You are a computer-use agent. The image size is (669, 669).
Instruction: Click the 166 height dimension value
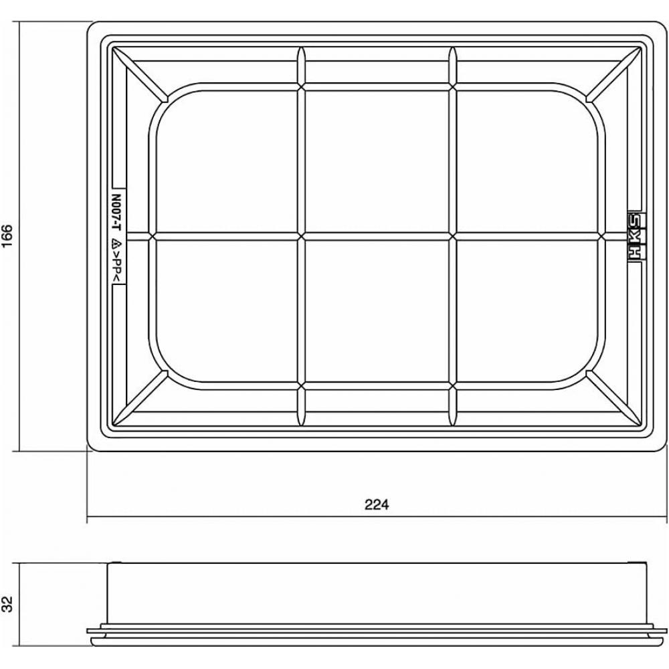point(7,235)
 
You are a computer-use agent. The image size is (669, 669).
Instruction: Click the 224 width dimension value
point(377,504)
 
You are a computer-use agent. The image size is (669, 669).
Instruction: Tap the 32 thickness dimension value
point(7,603)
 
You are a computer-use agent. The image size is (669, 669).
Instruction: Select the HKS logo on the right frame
point(636,236)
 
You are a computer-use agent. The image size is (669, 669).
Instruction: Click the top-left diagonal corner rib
point(140,75)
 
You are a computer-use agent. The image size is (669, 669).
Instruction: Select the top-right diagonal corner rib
point(613,75)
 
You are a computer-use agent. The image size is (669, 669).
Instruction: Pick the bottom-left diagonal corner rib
point(140,397)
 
